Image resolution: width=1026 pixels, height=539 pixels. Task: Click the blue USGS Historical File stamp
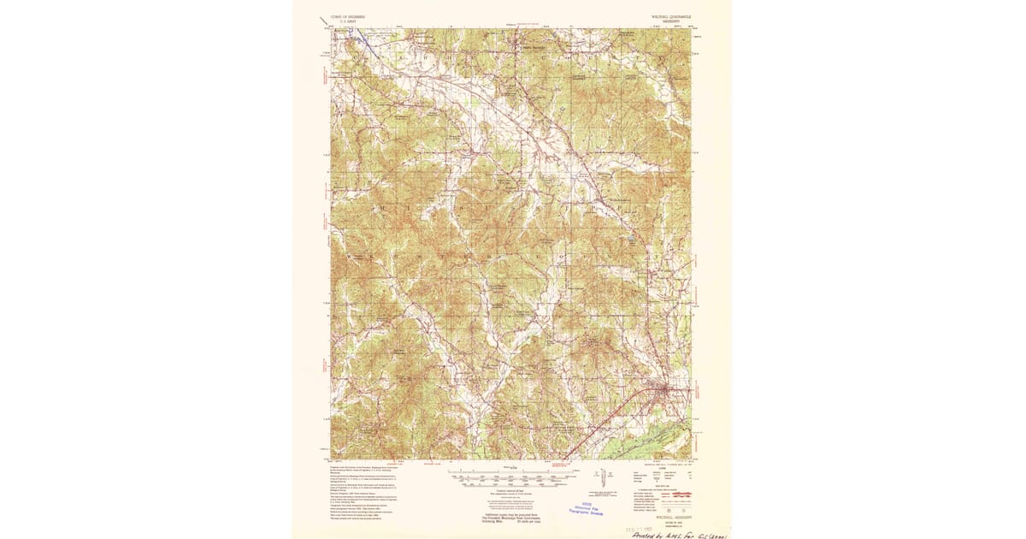(587, 507)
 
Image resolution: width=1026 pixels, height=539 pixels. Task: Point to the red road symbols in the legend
(680, 495)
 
